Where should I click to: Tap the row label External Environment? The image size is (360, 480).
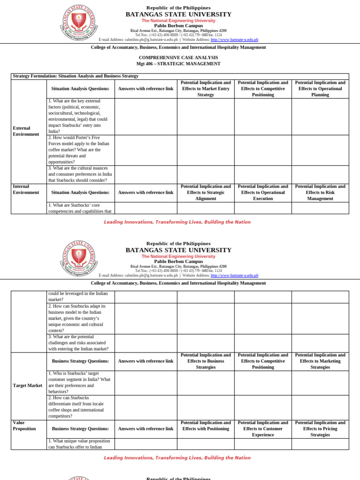[x=26, y=131]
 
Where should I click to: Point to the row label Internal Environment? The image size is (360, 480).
[x=26, y=189]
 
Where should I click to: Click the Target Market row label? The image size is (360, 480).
[x=28, y=385]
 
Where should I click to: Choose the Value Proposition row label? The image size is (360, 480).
[x=24, y=426]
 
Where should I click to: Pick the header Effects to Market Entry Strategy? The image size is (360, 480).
[x=206, y=89]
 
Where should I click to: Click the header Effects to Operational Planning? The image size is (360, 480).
[x=320, y=89]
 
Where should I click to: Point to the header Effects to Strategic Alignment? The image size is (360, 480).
[x=206, y=193]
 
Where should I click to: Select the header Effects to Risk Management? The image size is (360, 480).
[x=320, y=193]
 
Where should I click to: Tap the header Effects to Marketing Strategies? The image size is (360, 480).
[x=320, y=361]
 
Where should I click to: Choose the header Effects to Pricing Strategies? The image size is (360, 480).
[x=320, y=428]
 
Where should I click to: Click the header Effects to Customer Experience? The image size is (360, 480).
[x=263, y=428]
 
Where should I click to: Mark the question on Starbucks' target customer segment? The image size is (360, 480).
[x=79, y=382]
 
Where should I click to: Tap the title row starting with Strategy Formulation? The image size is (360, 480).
[x=75, y=76]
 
